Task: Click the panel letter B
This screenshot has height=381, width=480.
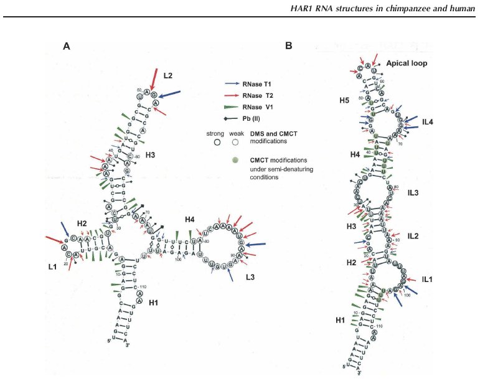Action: coord(288,46)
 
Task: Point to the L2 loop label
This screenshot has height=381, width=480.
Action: coord(168,75)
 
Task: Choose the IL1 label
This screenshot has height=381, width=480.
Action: coord(425,281)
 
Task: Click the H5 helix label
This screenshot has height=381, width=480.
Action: coord(344,100)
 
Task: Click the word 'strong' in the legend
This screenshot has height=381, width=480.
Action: coord(215,133)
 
